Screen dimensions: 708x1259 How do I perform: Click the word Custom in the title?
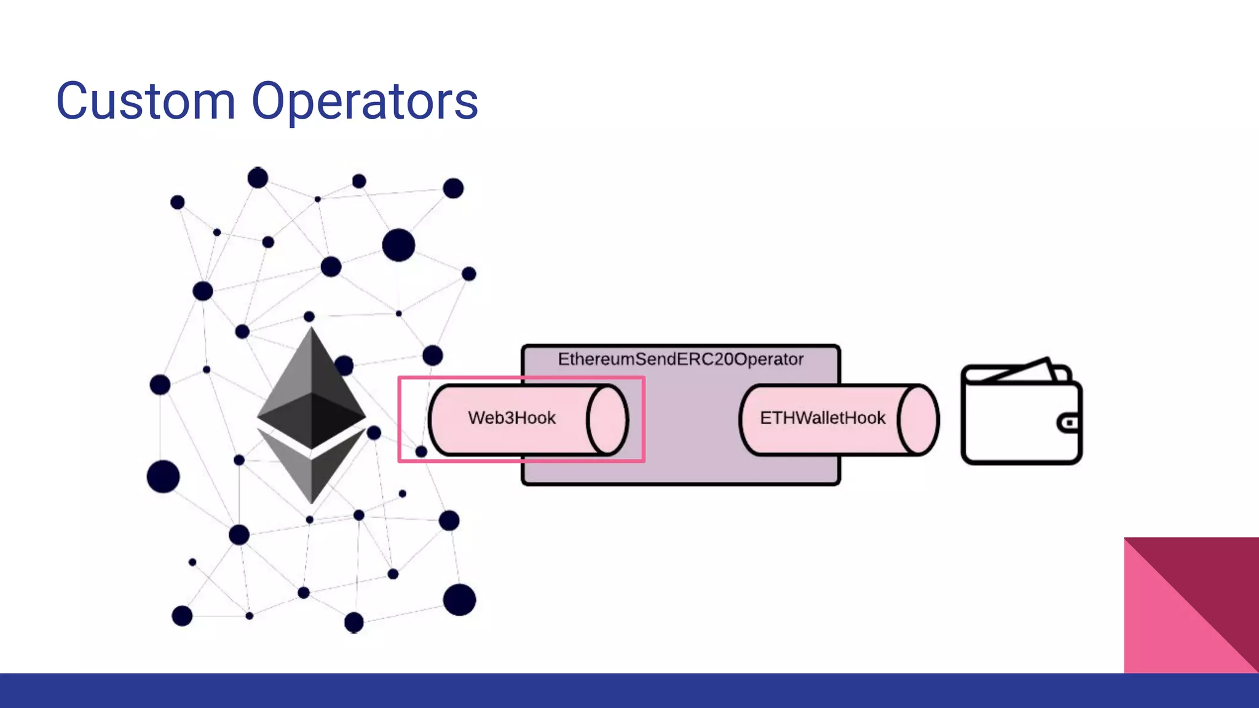point(146,101)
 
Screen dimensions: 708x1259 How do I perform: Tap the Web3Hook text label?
point(511,418)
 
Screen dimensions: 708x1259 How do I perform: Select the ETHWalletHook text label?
point(823,418)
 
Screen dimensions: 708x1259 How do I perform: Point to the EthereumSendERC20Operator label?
point(681,359)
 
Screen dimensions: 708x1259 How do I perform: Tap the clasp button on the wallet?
point(1070,423)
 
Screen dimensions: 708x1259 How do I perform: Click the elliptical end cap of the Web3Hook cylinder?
point(607,420)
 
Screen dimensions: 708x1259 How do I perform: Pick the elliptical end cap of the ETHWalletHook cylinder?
point(918,420)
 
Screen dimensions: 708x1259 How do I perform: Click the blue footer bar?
point(629,691)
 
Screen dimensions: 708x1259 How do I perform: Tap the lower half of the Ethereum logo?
point(312,470)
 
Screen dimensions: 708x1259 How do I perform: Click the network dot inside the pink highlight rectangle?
point(421,452)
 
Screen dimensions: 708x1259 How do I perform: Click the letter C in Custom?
point(75,101)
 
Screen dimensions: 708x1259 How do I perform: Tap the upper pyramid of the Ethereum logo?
point(312,387)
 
